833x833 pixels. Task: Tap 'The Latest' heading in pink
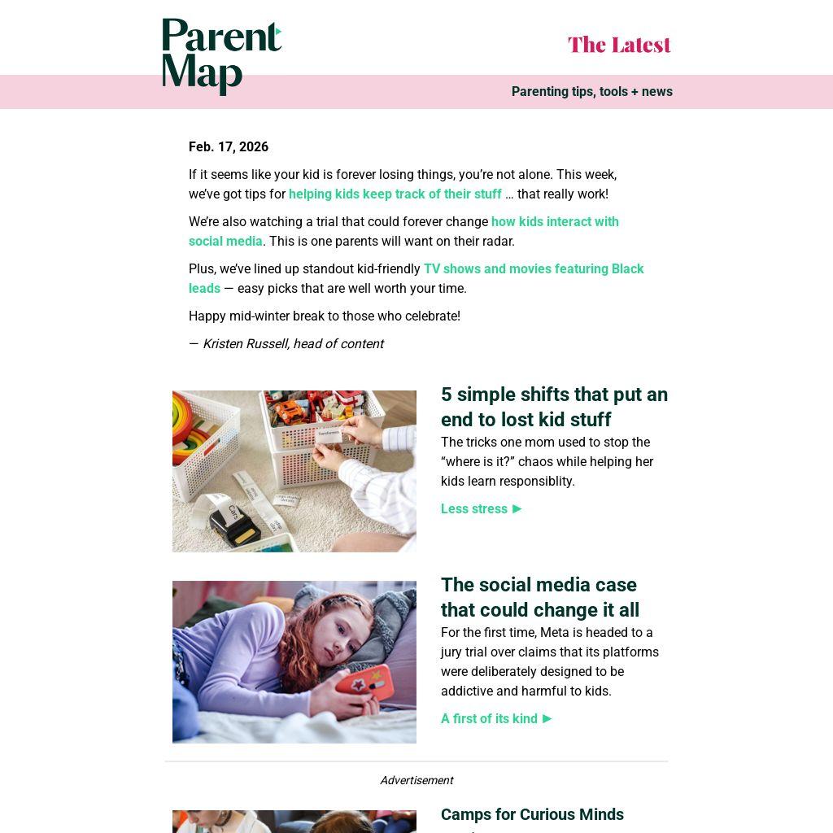coord(619,45)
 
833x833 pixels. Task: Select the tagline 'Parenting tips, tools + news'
coord(591,92)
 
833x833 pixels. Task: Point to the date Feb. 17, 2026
coord(229,147)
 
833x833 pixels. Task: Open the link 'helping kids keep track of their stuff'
coord(395,194)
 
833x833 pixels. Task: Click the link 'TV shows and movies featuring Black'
coord(533,269)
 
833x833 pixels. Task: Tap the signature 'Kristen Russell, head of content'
coord(293,344)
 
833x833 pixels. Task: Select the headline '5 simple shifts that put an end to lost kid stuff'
coord(554,407)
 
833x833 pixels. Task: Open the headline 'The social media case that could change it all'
coord(540,597)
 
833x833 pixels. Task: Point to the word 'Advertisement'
coord(416,781)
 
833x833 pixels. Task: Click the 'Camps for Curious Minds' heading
coord(532,815)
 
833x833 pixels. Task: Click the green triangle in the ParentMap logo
coord(278,33)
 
